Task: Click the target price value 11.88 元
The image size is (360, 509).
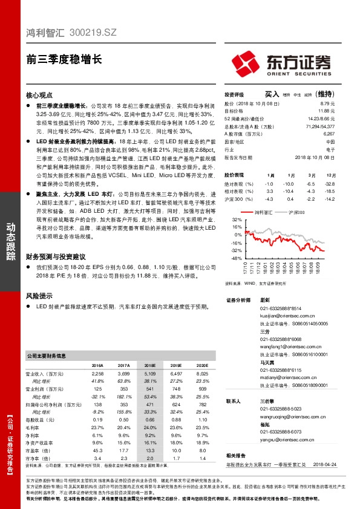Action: (x=327, y=111)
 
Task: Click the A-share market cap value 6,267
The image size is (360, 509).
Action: (x=329, y=134)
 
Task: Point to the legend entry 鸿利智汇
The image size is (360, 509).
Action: (x=264, y=212)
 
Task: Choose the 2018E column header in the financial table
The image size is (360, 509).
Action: (x=149, y=366)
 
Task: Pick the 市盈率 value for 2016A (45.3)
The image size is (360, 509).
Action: (x=98, y=449)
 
